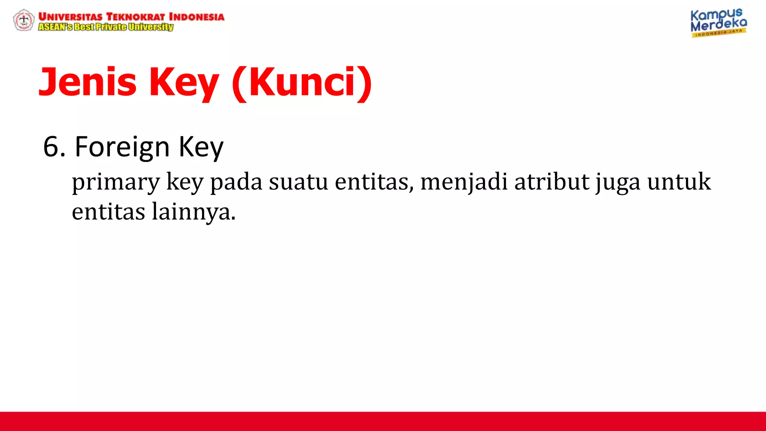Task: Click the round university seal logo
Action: (x=24, y=20)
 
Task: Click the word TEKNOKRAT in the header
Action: (x=135, y=17)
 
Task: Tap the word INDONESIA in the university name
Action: (x=196, y=17)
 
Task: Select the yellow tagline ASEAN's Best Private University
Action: (x=106, y=27)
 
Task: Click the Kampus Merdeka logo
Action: (x=718, y=23)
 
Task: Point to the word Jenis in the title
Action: (x=88, y=82)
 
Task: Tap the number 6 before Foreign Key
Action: (x=52, y=147)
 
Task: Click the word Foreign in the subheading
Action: (x=122, y=147)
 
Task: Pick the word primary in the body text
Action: (x=116, y=182)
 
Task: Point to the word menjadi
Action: (x=464, y=182)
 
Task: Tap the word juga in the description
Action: (x=618, y=182)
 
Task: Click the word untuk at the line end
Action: (x=679, y=182)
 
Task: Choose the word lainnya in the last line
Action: (x=193, y=212)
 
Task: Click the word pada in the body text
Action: (x=236, y=182)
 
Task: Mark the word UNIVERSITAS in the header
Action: (x=70, y=17)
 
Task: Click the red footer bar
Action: (x=383, y=421)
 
